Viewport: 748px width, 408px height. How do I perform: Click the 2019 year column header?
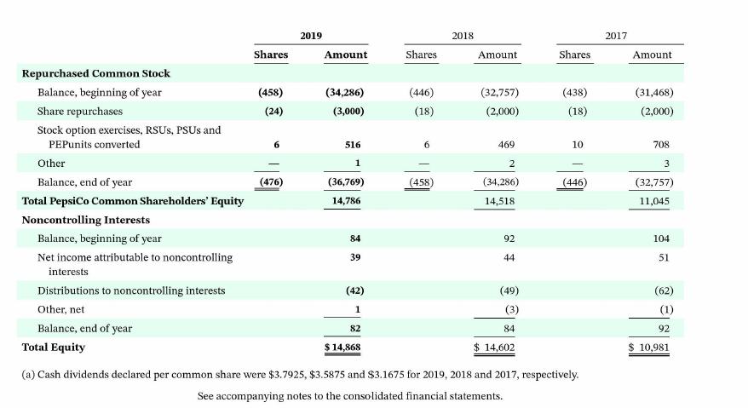click(x=311, y=35)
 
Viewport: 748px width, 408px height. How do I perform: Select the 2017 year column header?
click(x=616, y=35)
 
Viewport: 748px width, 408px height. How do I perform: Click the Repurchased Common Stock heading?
click(x=95, y=73)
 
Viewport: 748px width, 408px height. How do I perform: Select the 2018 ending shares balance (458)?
click(x=421, y=182)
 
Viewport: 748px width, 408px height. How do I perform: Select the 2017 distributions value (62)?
click(x=659, y=290)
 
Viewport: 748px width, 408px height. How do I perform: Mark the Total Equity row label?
click(x=54, y=347)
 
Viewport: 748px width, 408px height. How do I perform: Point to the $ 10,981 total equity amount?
click(x=647, y=348)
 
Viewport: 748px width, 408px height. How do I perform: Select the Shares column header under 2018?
click(x=421, y=55)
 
